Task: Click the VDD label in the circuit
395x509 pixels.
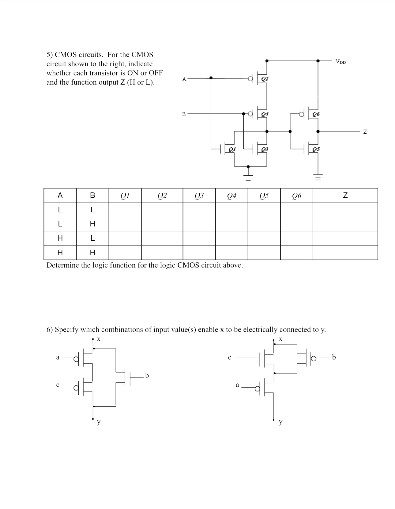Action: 340,62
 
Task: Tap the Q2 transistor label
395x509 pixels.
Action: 265,79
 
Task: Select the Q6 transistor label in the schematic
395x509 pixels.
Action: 316,114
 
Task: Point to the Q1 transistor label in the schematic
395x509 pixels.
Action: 232,149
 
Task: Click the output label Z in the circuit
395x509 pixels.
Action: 365,132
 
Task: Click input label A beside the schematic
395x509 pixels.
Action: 184,79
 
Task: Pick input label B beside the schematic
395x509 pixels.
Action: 184,114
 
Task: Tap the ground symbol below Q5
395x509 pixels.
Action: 318,177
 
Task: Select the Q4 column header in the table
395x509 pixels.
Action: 231,196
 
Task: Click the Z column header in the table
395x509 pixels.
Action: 345,196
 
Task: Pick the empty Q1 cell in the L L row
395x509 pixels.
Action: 125,210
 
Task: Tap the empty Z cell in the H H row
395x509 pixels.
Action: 345,253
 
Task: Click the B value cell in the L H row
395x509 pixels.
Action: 92,224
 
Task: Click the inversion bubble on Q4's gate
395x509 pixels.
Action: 250,114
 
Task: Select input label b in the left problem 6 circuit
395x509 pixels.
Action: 147,375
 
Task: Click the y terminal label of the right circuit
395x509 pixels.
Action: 280,422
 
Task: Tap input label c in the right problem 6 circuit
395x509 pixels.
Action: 230,357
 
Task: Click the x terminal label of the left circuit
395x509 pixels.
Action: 99,339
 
